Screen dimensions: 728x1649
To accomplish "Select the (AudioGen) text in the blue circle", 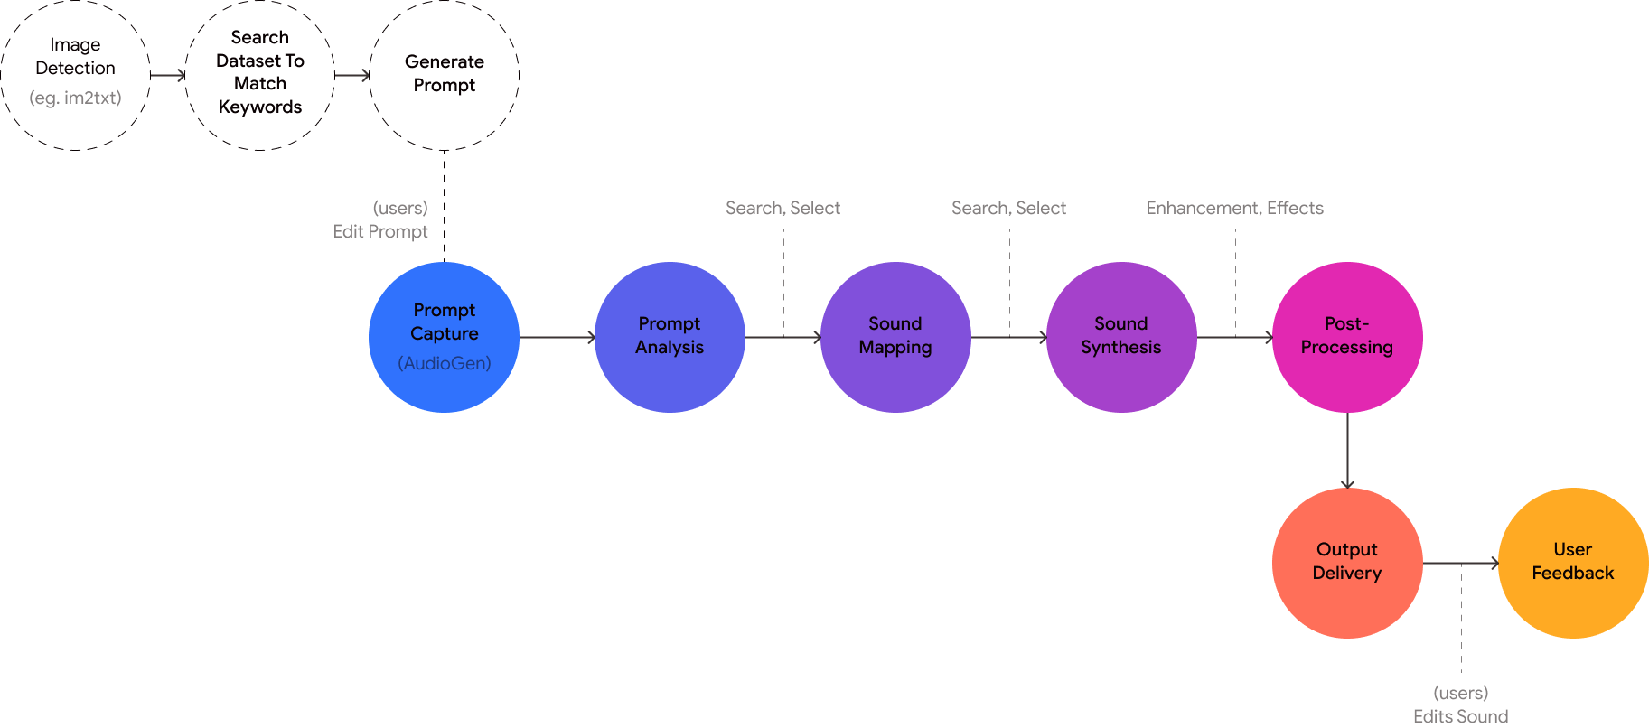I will point(445,363).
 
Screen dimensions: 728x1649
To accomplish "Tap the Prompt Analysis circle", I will point(670,336).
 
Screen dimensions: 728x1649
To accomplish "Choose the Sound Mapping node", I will point(895,336).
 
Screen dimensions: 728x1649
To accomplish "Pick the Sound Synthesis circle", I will point(1121,336).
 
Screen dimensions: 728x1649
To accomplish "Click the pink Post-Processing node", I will point(1347,336).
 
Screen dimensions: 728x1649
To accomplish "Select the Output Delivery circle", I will point(1347,562).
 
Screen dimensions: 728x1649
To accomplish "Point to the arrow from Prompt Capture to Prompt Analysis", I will point(557,337).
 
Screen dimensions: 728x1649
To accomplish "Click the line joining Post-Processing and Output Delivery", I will point(1347,450).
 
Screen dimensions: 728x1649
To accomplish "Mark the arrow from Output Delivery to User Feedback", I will point(1460,563).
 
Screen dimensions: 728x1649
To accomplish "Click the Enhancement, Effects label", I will point(1235,209).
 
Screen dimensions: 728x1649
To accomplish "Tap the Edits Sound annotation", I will point(1460,714).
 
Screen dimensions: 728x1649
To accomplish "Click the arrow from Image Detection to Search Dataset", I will point(168,75).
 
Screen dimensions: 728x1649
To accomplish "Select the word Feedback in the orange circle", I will point(1573,574).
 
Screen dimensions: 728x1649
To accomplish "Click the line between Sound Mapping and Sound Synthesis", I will point(1008,337).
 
